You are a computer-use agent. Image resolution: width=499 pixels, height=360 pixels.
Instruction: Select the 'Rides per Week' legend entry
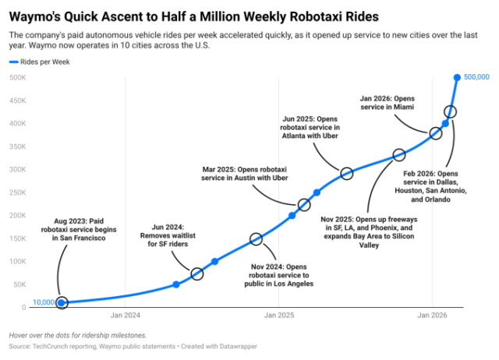pyautogui.click(x=44, y=62)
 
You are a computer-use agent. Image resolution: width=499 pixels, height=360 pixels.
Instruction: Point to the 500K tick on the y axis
pyautogui.click(x=19, y=77)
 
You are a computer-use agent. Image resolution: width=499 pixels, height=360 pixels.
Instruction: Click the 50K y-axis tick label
pyautogui.click(x=20, y=284)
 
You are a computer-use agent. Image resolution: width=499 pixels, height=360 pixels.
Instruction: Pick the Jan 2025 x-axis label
pyautogui.click(x=278, y=316)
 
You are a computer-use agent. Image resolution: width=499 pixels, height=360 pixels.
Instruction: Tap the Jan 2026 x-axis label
pyautogui.click(x=433, y=316)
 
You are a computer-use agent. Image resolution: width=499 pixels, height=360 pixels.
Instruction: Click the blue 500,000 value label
pyautogui.click(x=476, y=77)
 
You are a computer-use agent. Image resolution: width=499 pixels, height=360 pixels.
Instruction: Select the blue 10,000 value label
pyautogui.click(x=43, y=302)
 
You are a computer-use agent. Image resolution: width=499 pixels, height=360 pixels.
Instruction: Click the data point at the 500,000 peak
pyautogui.click(x=457, y=77)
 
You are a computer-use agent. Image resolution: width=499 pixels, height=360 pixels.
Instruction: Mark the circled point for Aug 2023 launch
pyautogui.click(x=62, y=302)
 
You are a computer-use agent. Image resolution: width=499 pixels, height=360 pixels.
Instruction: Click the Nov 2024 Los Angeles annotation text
pyautogui.click(x=282, y=275)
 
